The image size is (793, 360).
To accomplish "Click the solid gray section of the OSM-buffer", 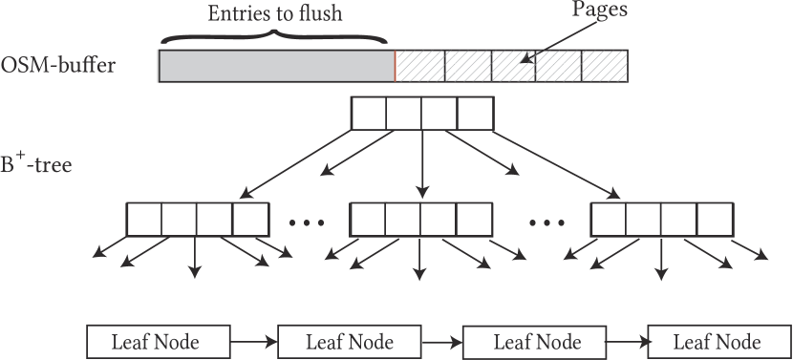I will point(276,66).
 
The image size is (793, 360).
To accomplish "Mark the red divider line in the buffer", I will point(395,66).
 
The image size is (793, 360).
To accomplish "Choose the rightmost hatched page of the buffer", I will point(605,66).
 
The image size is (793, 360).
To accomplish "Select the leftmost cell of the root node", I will point(370,114).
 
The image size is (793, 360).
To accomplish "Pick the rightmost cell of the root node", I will point(474,114).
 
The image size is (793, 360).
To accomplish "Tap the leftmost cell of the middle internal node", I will point(369,220).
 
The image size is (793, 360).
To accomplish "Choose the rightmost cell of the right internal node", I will point(714,220).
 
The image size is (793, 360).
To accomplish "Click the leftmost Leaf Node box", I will point(158,341).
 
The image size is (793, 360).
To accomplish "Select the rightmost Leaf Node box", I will point(718,341).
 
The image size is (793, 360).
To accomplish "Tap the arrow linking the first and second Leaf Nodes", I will point(253,341).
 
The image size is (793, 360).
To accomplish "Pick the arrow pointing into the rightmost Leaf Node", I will point(625,341).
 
